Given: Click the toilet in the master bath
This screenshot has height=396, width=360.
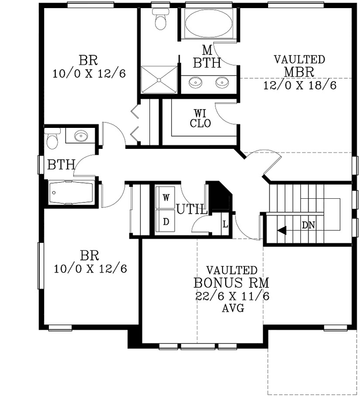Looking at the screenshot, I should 160,19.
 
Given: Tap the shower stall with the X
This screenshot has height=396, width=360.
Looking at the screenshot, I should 159,80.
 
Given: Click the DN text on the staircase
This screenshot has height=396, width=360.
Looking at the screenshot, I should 308,225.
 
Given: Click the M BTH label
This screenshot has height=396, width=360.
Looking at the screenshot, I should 207,57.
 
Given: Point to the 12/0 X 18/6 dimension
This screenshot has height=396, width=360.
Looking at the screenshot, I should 300,84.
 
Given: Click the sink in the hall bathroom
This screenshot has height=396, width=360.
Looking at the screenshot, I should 81,135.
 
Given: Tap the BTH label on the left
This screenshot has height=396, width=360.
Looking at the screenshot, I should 61,164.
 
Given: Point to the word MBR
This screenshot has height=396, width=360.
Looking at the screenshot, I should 299,71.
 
